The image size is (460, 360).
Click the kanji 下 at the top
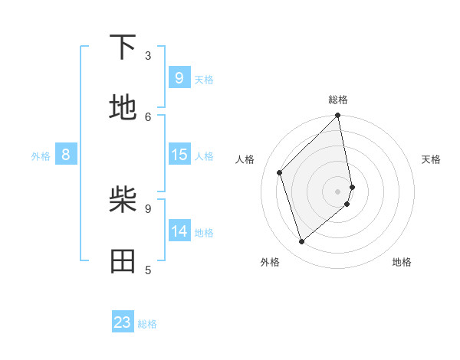pyautogui.click(x=123, y=47)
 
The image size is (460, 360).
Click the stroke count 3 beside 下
pyautogui.click(x=148, y=55)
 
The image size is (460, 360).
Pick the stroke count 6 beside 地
pyautogui.click(x=148, y=116)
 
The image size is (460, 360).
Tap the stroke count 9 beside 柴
pyautogui.click(x=148, y=208)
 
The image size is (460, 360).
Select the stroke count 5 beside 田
pyautogui.click(x=148, y=269)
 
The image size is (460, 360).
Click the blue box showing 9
pyautogui.click(x=179, y=78)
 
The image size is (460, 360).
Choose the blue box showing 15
pyautogui.click(x=179, y=155)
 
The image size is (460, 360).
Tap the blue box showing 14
pyautogui.click(x=179, y=231)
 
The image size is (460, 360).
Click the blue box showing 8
pyautogui.click(x=66, y=155)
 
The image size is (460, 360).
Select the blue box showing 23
pyautogui.click(x=123, y=322)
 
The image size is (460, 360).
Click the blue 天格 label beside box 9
pyautogui.click(x=204, y=80)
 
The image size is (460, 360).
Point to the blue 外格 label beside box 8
pyautogui.click(x=41, y=156)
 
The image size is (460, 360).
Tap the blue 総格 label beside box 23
pyautogui.click(x=147, y=324)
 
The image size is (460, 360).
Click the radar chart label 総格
pyautogui.click(x=338, y=100)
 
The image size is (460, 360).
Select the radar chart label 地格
pyautogui.click(x=402, y=262)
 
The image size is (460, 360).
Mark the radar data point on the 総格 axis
pyautogui.click(x=338, y=116)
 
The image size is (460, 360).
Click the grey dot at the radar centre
pyautogui.click(x=338, y=191)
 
